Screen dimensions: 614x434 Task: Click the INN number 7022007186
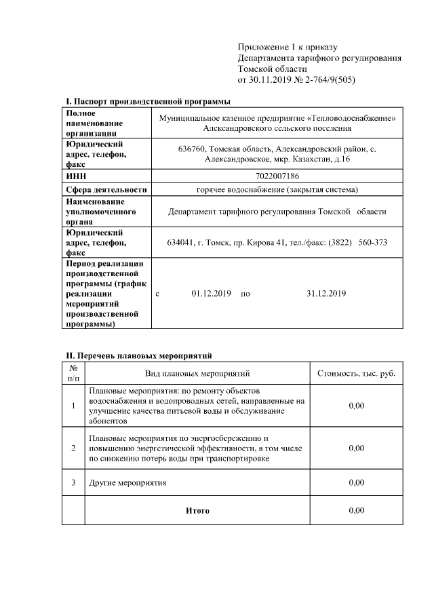277,176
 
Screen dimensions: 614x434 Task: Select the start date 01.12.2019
212,294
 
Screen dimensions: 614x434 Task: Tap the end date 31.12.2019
326,294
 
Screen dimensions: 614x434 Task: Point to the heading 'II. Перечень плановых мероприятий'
139,355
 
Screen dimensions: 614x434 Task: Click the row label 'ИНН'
75,176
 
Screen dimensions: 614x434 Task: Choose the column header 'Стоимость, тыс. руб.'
356,373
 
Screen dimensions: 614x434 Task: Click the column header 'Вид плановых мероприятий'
197,373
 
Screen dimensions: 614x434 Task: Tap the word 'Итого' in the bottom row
197,510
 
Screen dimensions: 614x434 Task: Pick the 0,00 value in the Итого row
356,510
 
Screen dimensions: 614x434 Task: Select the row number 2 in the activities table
73,448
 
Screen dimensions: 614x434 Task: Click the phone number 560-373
372,242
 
